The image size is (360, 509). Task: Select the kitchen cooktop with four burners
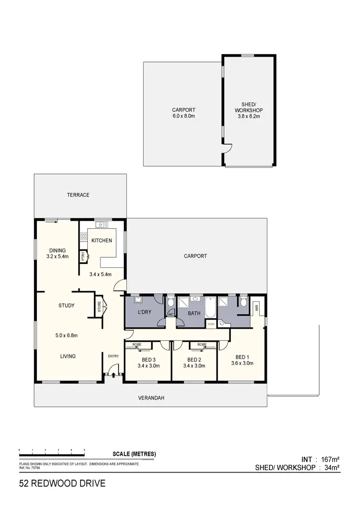[83, 236]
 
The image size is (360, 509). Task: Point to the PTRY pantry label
[83, 256]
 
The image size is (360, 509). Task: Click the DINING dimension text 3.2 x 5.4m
[58, 257]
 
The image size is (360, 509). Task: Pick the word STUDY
[66, 305]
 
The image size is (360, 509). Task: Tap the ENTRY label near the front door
[113, 355]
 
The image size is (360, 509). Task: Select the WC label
[170, 315]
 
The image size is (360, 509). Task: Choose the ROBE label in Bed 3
[137, 345]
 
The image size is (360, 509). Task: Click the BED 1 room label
[242, 356]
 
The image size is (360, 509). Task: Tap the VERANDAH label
[150, 398]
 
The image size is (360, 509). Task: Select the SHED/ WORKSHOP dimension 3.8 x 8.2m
[249, 116]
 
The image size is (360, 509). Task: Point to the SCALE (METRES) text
[134, 454]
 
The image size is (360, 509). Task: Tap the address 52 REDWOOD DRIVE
[62, 484]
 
